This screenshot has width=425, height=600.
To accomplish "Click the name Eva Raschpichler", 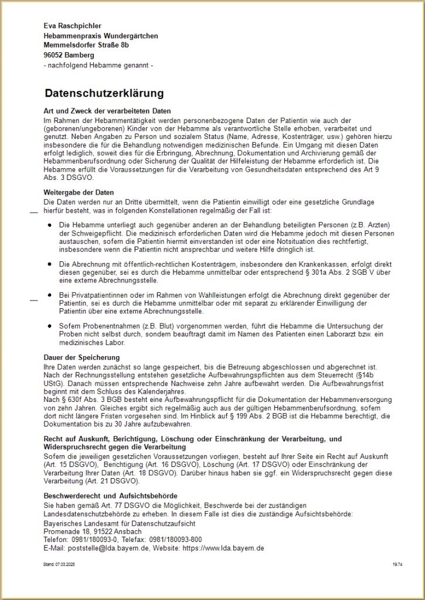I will pos(73,26).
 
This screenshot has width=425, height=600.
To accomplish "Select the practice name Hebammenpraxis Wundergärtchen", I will pos(101,36).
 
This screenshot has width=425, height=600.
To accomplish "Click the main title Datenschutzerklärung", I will pos(104,93).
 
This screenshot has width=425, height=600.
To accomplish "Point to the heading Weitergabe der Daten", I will pos(79,192).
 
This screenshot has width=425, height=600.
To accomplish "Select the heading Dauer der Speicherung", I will pos(81,357).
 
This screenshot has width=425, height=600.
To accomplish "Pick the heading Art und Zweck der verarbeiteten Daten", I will pos(107,111).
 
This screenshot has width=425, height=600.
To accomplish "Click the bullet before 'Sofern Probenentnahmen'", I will pos(51,325).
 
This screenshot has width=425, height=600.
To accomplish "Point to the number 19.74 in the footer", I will pos(397,564).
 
